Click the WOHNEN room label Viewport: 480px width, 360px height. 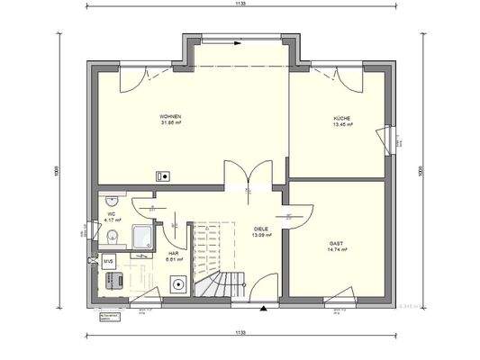click(171, 117)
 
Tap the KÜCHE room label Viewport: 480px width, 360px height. click(341, 121)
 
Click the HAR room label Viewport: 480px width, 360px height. click(173, 253)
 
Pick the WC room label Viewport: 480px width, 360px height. click(112, 213)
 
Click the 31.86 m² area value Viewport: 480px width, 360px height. click(171, 123)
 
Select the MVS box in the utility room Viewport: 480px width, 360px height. click(108, 261)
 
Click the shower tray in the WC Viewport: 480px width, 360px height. click(143, 234)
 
